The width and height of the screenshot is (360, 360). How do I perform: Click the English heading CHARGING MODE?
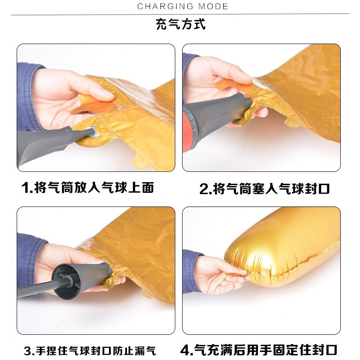click(x=183, y=6)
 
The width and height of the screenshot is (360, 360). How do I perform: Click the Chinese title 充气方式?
click(x=180, y=24)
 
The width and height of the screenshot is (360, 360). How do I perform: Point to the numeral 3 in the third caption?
click(x=28, y=351)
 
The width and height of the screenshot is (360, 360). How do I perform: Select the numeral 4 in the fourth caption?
click(x=185, y=350)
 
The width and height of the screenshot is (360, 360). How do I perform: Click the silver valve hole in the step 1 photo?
click(x=94, y=132)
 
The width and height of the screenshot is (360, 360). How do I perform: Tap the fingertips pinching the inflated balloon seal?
click(x=244, y=275)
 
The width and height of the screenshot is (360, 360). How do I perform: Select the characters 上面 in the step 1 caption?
click(x=141, y=188)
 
